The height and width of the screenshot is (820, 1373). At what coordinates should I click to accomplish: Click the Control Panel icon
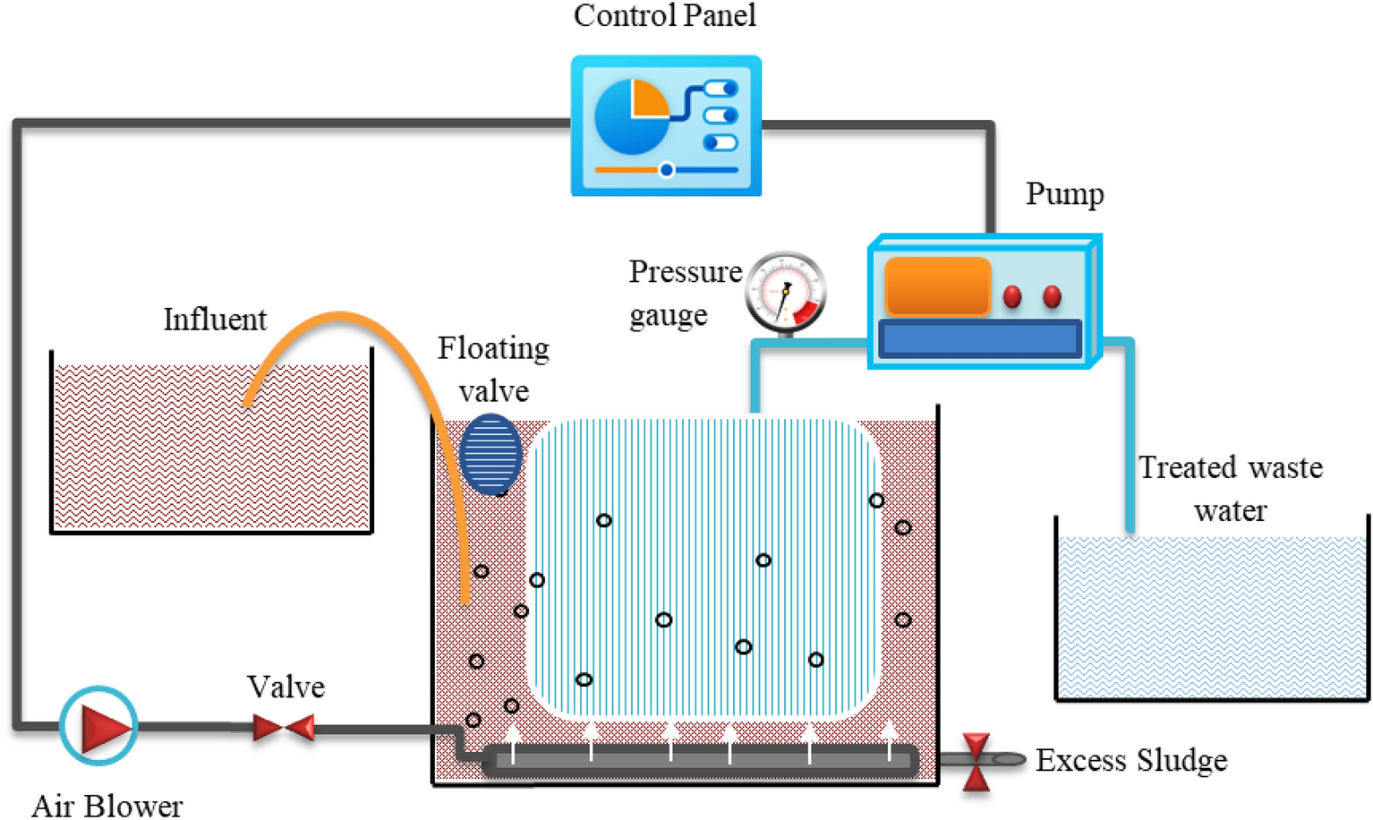pyautogui.click(x=666, y=126)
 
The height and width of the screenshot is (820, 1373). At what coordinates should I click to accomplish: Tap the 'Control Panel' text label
pyautogui.click(x=664, y=16)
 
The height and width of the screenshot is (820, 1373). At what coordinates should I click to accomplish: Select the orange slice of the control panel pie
pyautogui.click(x=650, y=98)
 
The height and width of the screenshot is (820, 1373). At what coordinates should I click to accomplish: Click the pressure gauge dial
pyautogui.click(x=785, y=292)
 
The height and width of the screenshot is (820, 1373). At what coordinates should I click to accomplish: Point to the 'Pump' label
pyautogui.click(x=1064, y=194)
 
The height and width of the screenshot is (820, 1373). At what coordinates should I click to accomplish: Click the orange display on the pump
pyautogui.click(x=937, y=286)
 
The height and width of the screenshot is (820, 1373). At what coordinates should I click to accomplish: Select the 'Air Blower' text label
pyautogui.click(x=107, y=805)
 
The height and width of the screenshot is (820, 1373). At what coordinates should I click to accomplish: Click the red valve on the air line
pyautogui.click(x=284, y=728)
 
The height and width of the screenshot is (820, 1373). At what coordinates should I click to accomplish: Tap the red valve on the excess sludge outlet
pyautogui.click(x=976, y=762)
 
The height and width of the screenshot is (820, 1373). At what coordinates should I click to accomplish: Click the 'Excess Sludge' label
pyautogui.click(x=1130, y=761)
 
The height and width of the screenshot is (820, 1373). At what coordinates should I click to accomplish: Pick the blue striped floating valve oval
pyautogui.click(x=490, y=454)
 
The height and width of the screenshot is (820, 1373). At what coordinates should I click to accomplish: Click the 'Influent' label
pyautogui.click(x=215, y=320)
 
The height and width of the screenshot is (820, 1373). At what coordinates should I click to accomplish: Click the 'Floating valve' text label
pyautogui.click(x=493, y=369)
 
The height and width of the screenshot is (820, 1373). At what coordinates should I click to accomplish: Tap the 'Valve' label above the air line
pyautogui.click(x=286, y=687)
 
